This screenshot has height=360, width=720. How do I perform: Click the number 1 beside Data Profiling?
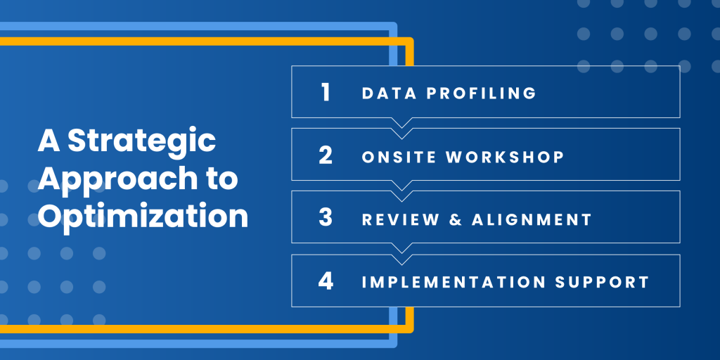pos(326,92)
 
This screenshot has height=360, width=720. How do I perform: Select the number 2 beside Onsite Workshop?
pos(326,155)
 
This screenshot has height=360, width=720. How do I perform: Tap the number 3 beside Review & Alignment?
pos(326,218)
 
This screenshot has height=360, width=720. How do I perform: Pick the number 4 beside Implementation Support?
pos(326,281)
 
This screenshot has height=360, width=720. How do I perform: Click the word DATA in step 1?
pos(390,93)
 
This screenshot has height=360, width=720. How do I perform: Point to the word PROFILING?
pos(481,93)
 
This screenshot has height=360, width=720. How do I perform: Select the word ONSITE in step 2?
pos(399,157)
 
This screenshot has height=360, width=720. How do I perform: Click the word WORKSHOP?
pos(505,157)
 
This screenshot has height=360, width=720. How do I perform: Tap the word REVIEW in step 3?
pos(400,219)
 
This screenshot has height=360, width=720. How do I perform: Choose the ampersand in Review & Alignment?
pos(456,219)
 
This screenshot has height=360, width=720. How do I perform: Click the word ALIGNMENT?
pos(532,219)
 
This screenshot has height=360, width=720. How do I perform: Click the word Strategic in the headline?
pos(142,141)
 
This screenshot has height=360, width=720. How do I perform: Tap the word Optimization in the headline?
pos(143,215)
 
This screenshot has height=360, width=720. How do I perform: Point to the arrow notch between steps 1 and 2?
pos(401,128)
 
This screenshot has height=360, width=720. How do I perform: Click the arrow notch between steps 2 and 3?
pos(401,191)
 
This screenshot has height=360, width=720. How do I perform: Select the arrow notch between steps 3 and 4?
pos(401,254)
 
